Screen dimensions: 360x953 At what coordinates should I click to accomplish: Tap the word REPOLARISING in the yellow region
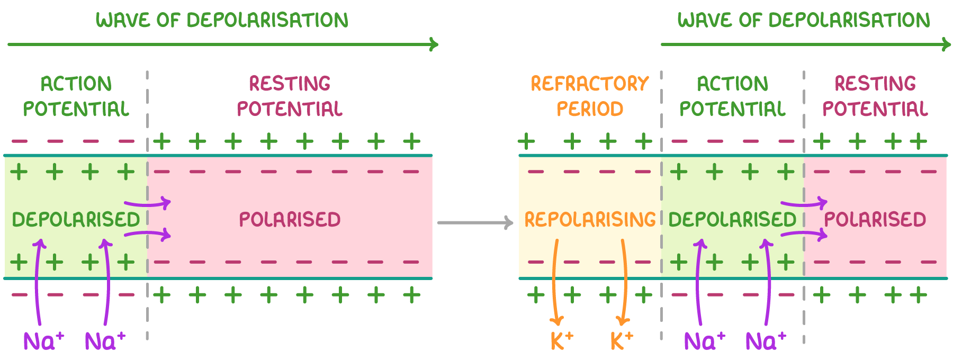click(x=590, y=219)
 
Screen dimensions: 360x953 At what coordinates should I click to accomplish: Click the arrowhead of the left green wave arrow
click(x=434, y=44)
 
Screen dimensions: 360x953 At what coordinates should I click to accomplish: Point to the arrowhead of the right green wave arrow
click(x=947, y=44)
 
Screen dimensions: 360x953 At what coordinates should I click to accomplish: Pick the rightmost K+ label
click(x=621, y=341)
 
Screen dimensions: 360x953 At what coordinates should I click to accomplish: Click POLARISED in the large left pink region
click(x=290, y=220)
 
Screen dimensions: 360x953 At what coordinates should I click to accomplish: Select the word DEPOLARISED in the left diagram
click(x=76, y=220)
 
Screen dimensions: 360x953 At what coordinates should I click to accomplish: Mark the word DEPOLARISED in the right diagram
click(x=732, y=220)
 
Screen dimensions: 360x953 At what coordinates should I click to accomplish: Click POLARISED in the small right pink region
click(x=875, y=220)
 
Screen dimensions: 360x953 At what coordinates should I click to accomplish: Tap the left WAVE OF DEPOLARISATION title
click(x=222, y=20)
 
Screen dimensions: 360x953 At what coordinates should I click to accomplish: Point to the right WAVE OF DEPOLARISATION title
click(x=804, y=20)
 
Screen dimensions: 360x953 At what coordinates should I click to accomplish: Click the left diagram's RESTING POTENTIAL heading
click(x=290, y=96)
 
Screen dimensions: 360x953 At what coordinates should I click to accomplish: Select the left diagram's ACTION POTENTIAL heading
click(x=76, y=96)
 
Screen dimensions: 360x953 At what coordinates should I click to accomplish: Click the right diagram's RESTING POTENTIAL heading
click(x=875, y=96)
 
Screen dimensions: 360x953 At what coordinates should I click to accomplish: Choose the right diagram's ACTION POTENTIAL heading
click(x=732, y=96)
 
